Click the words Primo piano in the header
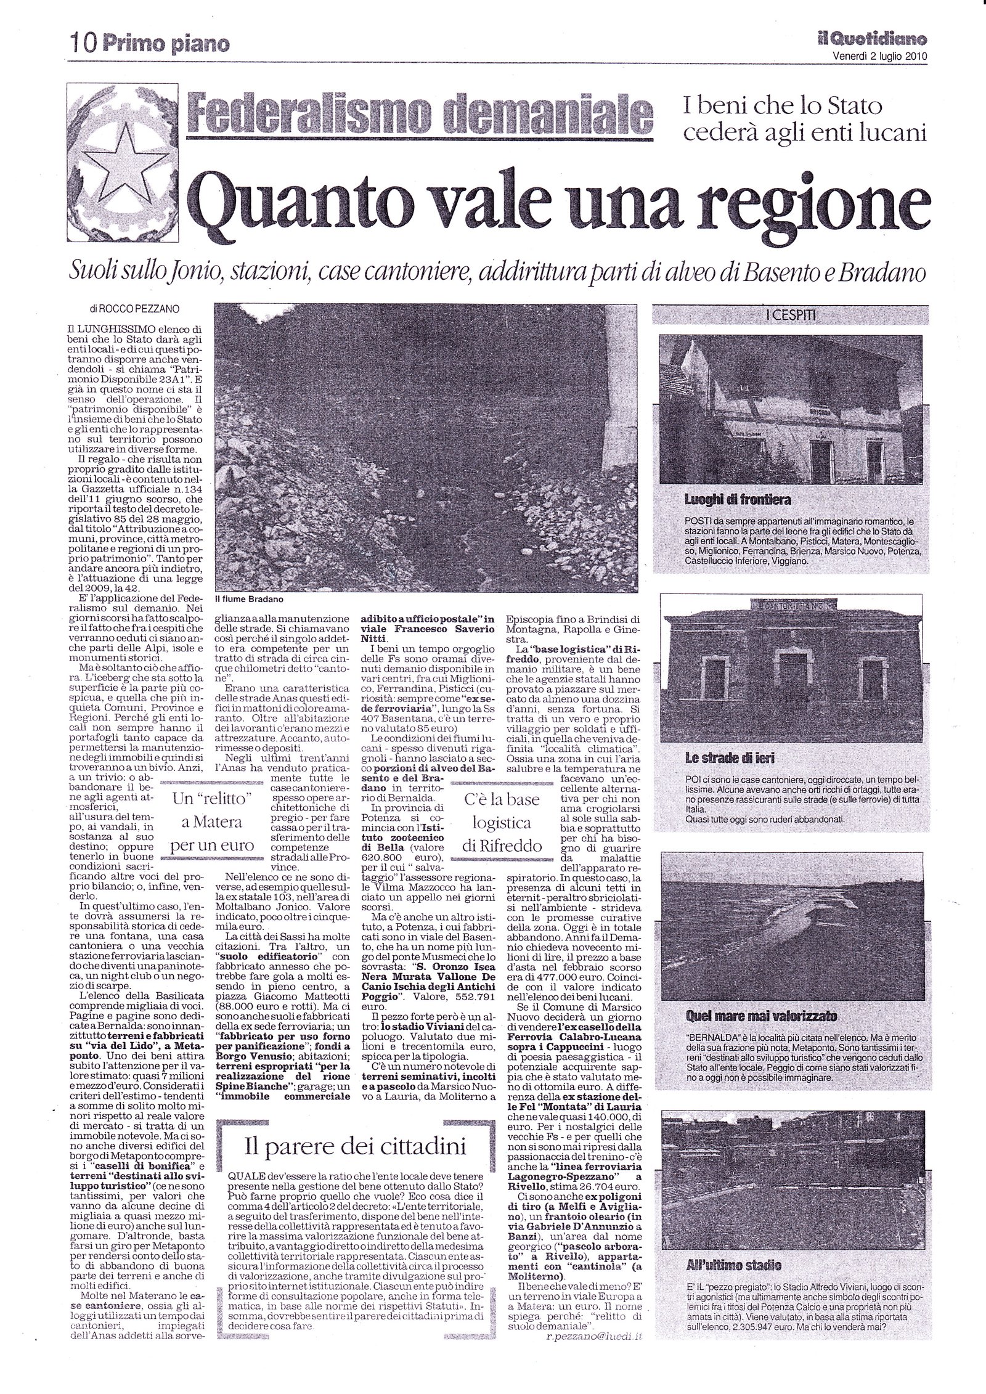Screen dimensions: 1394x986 click(164, 44)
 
